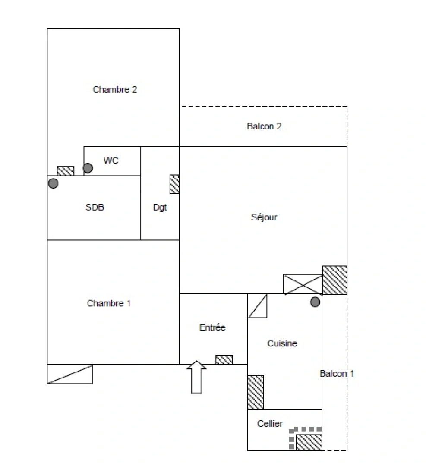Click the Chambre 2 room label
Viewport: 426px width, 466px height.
[115, 90]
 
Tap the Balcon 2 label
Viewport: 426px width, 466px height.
[264, 126]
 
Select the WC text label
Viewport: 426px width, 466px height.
[110, 161]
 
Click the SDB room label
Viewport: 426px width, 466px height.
[95, 207]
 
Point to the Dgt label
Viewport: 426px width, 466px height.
[160, 208]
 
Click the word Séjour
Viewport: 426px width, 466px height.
[264, 217]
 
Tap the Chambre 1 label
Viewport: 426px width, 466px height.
[109, 303]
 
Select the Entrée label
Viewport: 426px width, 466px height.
[212, 327]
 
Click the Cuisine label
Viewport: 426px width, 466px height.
[282, 343]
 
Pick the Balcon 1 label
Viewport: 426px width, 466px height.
[337, 374]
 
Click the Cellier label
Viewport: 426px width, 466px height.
[270, 424]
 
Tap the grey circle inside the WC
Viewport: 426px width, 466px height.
[88, 168]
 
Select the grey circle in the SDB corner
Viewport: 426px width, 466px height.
[53, 183]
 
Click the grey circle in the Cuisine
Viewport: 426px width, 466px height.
[316, 302]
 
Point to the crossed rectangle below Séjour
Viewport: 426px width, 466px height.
[303, 284]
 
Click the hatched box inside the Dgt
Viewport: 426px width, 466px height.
[174, 184]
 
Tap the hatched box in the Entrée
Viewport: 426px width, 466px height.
[224, 359]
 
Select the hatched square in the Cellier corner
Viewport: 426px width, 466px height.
[309, 442]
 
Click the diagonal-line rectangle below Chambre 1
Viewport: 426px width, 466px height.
[69, 374]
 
